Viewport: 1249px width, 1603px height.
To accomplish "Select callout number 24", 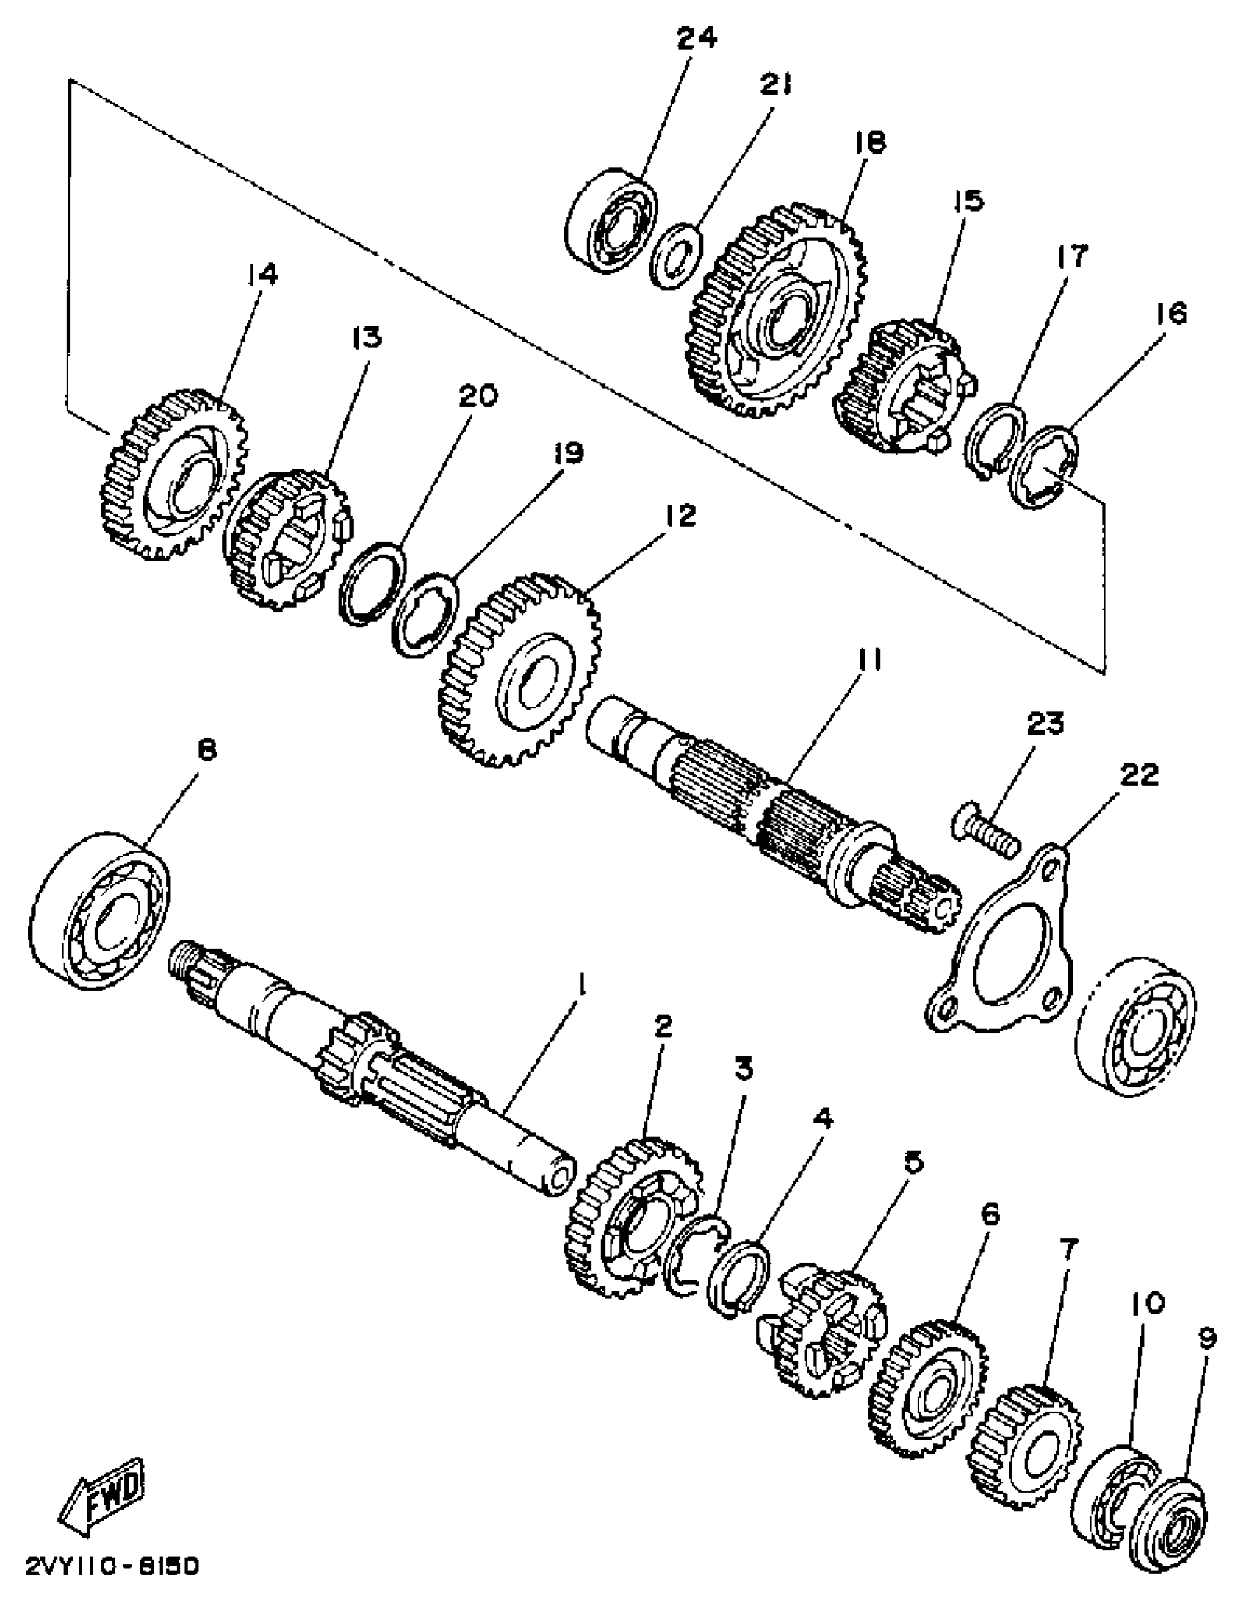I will [696, 38].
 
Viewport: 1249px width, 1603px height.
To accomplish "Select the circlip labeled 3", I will [694, 1261].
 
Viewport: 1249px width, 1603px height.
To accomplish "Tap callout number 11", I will [867, 661].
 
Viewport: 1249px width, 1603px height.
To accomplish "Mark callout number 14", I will [262, 275].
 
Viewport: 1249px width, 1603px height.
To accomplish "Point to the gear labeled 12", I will [520, 677].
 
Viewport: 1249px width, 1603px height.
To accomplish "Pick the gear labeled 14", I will [173, 474].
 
